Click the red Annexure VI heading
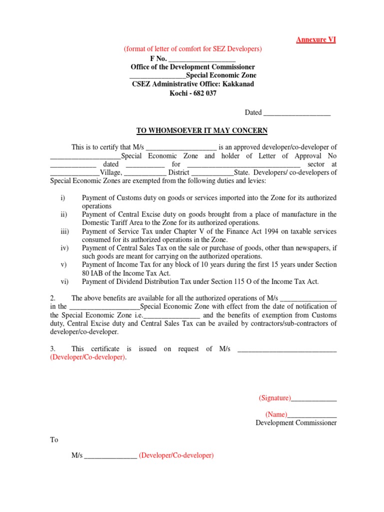(x=315, y=40)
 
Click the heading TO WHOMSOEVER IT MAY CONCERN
(x=202, y=131)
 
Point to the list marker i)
(x=63, y=198)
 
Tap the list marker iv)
(x=64, y=248)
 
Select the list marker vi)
(x=64, y=281)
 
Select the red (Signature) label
(x=274, y=398)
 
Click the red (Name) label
(x=276, y=414)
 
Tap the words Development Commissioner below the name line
(x=296, y=423)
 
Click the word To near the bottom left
(x=54, y=440)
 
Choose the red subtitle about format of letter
(x=193, y=49)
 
